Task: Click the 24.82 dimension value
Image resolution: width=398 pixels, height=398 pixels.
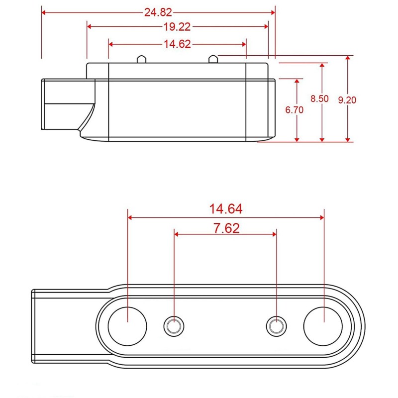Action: tap(158, 12)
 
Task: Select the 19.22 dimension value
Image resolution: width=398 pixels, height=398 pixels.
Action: tap(177, 27)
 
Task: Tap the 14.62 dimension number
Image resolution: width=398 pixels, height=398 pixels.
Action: tap(177, 44)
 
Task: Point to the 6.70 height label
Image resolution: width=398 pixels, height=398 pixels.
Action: tap(295, 110)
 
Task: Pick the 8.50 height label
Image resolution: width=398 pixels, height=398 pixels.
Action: tap(319, 99)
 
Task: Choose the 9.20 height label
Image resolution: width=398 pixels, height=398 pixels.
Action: tap(347, 100)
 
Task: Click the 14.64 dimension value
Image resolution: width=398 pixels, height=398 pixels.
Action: tap(226, 209)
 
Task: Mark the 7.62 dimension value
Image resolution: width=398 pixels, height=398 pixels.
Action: tap(226, 228)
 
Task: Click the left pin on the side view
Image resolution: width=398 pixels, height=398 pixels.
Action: tap(141, 59)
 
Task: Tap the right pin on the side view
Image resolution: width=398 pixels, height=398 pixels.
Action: tap(213, 59)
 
